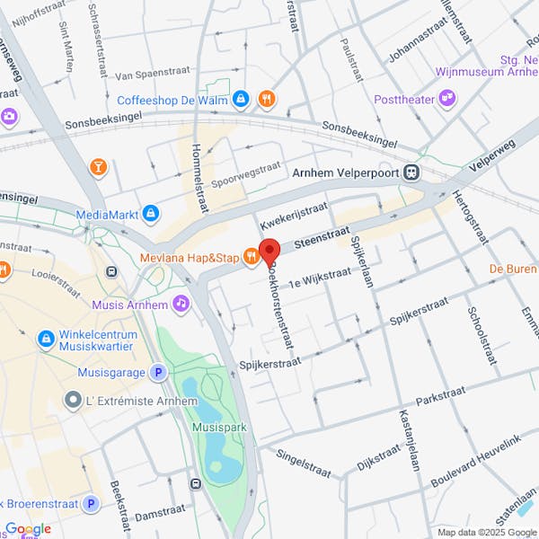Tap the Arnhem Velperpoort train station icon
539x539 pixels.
click(x=411, y=172)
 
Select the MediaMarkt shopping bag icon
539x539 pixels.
click(x=151, y=214)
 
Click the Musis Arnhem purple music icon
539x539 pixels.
click(x=182, y=304)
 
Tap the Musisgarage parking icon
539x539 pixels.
click(x=158, y=371)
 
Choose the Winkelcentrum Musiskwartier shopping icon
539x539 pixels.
click(x=46, y=340)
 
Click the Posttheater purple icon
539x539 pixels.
click(x=446, y=98)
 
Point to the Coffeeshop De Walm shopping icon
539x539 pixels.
click(x=240, y=99)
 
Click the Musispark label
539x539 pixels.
click(x=214, y=428)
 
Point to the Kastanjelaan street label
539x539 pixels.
click(x=405, y=440)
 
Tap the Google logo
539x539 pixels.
click(x=28, y=529)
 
